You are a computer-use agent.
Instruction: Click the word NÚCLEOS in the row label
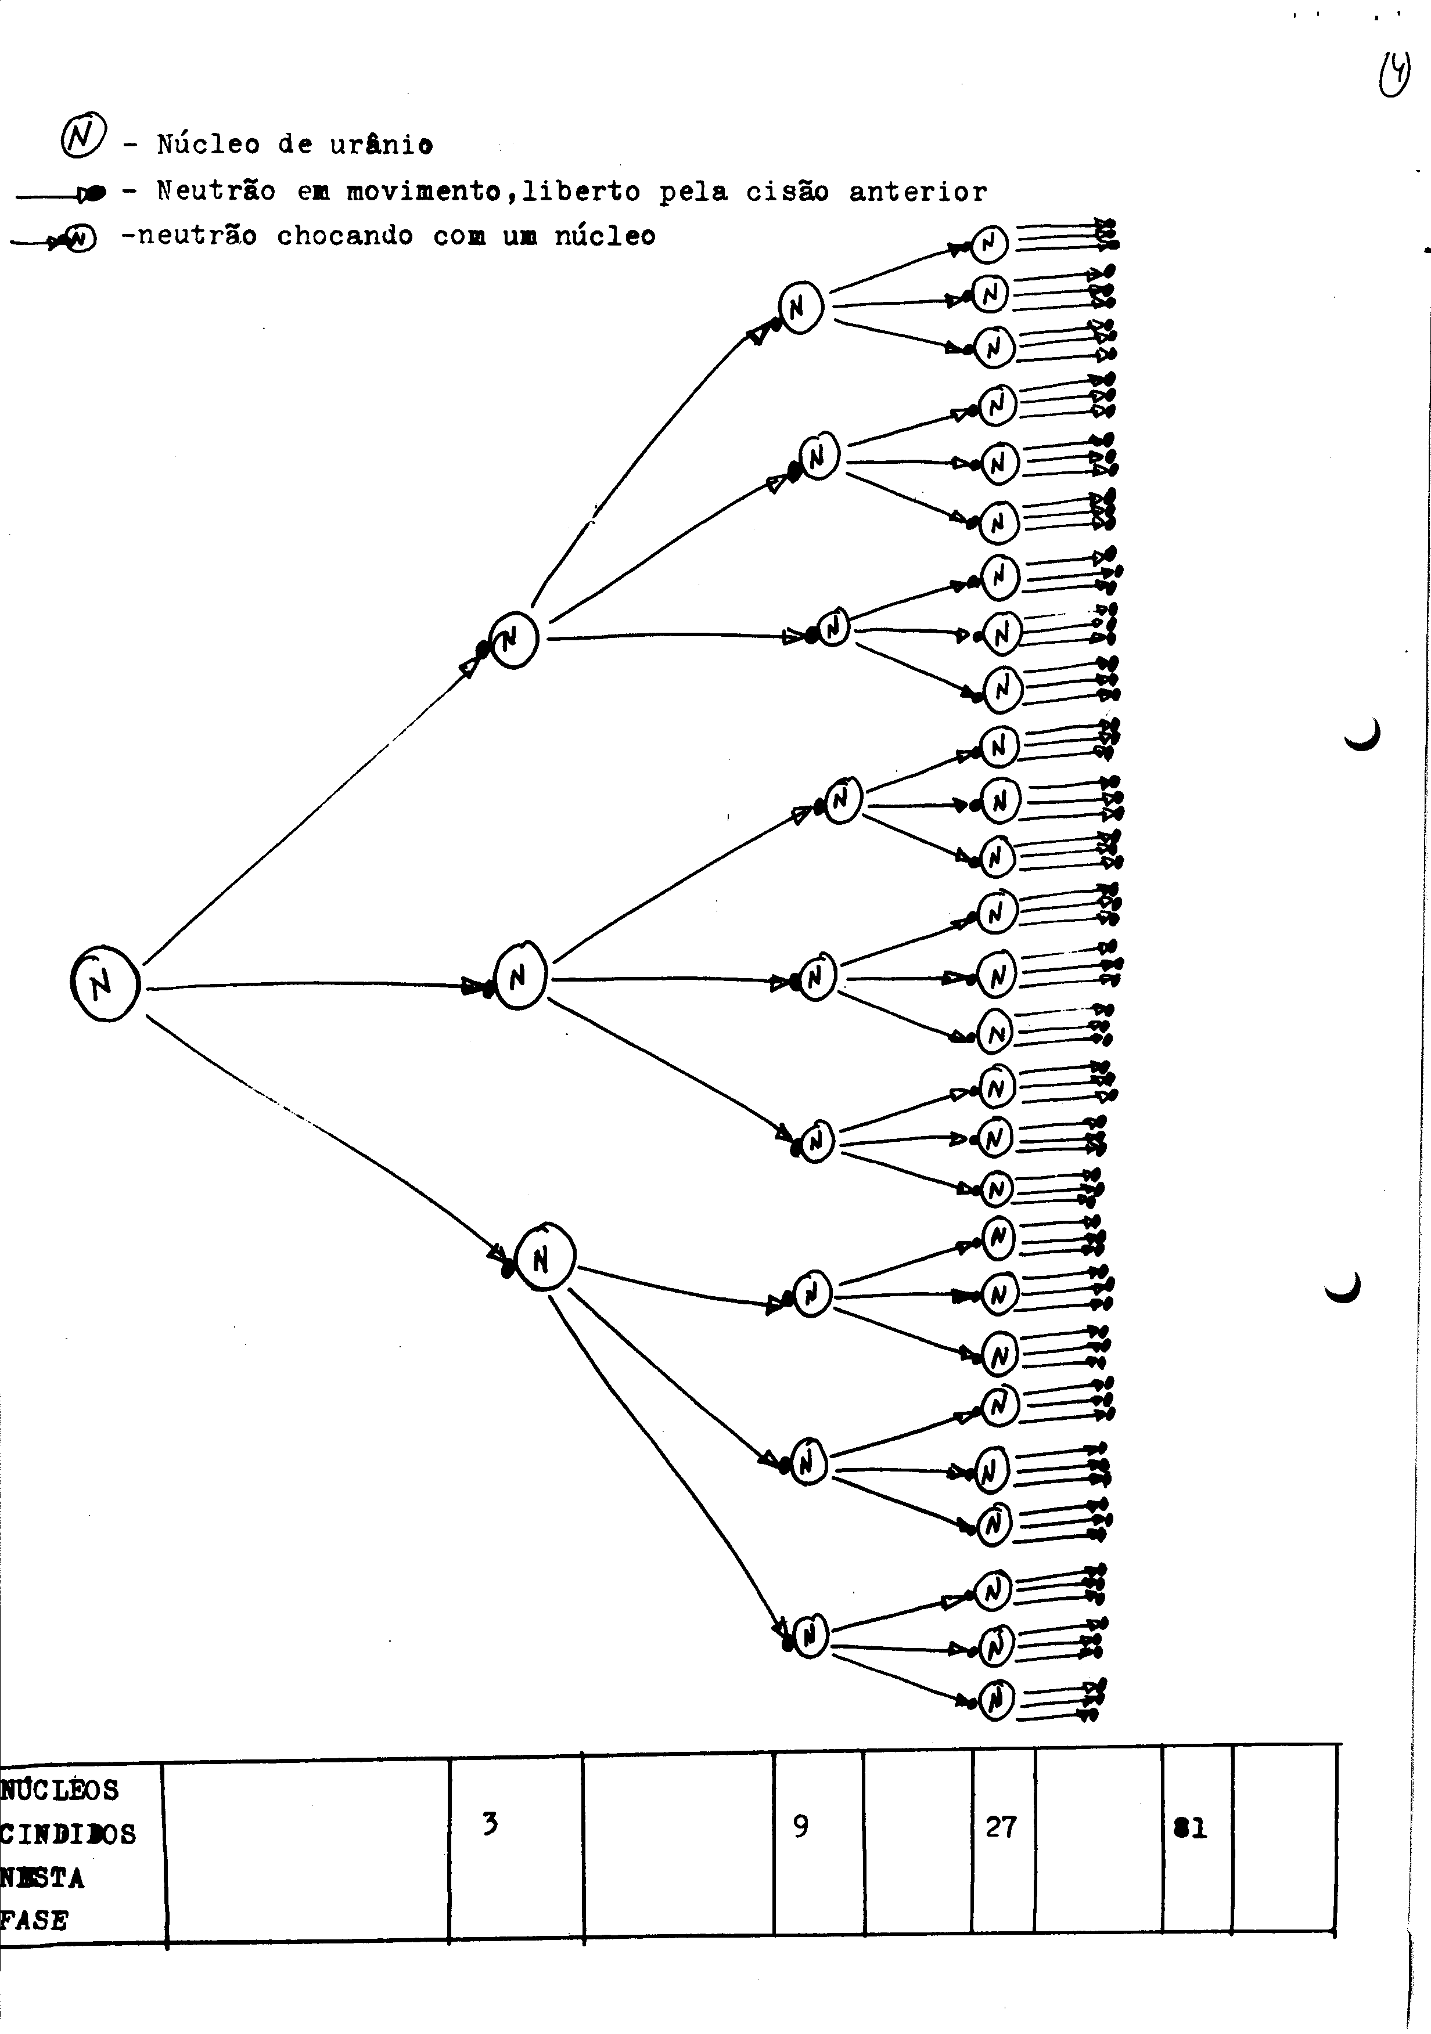point(59,1790)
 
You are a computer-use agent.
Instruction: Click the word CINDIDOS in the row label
point(68,1833)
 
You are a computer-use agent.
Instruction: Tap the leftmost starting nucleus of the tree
point(105,983)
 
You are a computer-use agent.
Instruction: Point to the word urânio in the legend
point(382,143)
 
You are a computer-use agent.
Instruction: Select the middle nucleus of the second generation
point(519,975)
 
